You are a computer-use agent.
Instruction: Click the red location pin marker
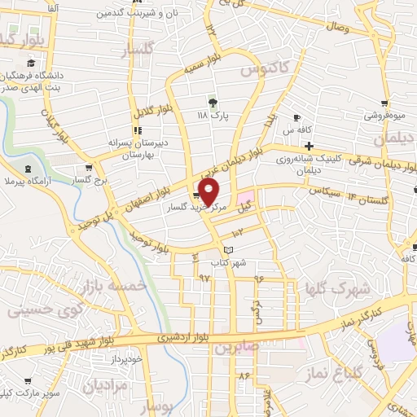pos(209,191)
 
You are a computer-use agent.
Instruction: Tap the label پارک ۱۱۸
pos(213,116)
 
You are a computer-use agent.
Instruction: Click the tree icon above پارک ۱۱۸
pos(213,103)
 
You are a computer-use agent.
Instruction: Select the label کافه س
pos(299,130)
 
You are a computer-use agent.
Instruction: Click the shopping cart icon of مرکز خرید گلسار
pos(196,195)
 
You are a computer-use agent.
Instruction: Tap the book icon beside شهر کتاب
pos(229,249)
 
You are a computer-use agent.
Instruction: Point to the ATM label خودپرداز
pos(126,358)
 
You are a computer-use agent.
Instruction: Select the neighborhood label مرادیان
pos(106,385)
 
